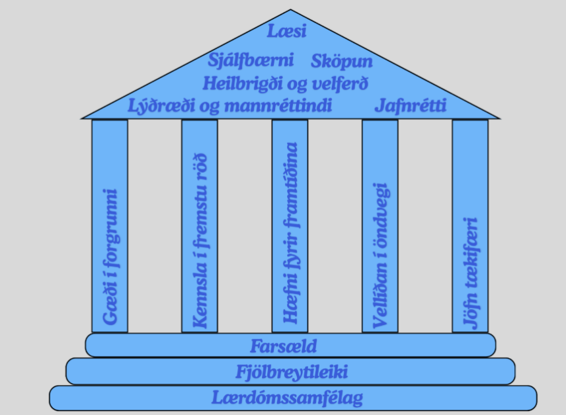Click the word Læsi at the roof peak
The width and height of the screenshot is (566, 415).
click(286, 30)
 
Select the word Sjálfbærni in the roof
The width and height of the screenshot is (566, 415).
click(251, 60)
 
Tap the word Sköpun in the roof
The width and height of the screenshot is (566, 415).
click(341, 61)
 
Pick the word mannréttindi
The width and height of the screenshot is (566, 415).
click(278, 105)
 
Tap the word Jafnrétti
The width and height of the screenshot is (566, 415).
click(411, 106)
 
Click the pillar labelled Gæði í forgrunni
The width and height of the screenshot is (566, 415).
click(110, 226)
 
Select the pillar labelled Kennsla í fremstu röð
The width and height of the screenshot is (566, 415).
click(200, 226)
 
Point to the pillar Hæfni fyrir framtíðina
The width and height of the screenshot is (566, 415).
click(290, 226)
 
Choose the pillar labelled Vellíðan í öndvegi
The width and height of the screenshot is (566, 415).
click(380, 226)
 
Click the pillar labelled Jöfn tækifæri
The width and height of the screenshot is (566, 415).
click(470, 226)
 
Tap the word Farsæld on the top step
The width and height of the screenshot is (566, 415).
click(284, 346)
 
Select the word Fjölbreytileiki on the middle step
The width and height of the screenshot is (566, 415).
click(292, 372)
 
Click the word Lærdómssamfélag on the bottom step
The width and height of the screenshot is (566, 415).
click(287, 398)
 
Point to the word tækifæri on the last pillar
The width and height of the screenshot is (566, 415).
click(471, 252)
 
